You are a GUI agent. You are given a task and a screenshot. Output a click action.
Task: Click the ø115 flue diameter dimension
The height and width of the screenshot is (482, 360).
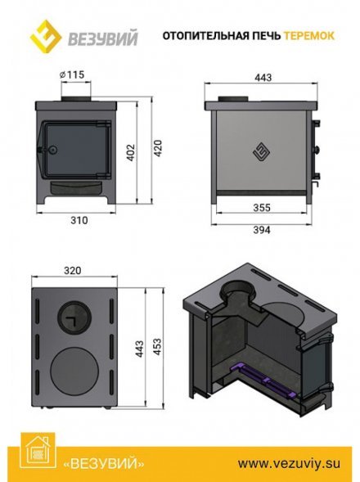(x=72, y=74)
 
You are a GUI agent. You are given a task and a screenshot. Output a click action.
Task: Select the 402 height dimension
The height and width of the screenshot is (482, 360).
(x=131, y=152)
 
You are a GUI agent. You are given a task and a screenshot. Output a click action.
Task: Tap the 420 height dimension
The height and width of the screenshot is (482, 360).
(x=157, y=148)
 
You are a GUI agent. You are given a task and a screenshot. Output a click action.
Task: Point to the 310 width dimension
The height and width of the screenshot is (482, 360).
(x=79, y=220)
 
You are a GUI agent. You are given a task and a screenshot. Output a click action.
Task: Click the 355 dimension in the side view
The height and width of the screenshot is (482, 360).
(x=262, y=208)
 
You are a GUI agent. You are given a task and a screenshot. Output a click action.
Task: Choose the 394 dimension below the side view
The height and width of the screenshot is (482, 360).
(x=262, y=230)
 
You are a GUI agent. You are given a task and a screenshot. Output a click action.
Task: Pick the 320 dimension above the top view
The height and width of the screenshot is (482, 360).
(x=73, y=270)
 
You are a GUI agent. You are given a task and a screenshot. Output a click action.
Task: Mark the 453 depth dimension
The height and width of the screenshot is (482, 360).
(x=157, y=347)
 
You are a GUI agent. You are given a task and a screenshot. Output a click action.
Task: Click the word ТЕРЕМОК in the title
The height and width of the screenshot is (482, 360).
(x=308, y=36)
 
